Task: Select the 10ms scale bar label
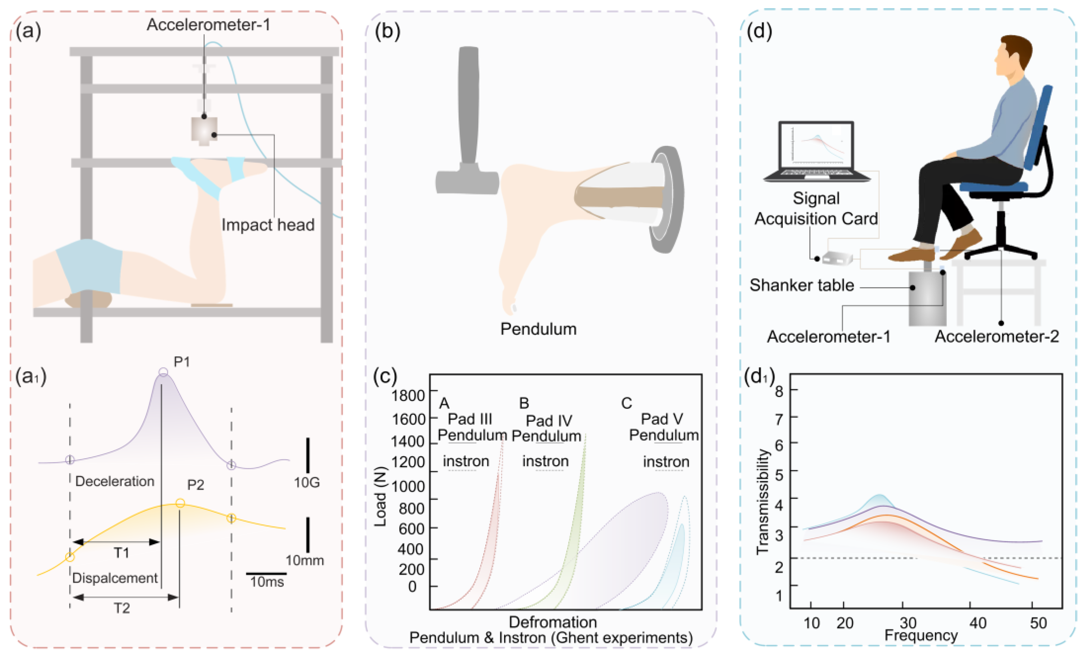(x=267, y=582)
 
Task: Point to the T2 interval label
(x=122, y=608)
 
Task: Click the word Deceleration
(x=115, y=481)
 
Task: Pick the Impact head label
(x=268, y=225)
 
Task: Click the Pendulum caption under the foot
(x=538, y=329)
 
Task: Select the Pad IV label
(x=549, y=420)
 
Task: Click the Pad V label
(x=662, y=419)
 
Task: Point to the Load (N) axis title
(x=380, y=496)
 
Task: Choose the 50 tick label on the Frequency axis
(x=1038, y=623)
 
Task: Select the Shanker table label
(x=802, y=285)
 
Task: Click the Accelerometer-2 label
(x=996, y=337)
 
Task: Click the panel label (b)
(x=387, y=31)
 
